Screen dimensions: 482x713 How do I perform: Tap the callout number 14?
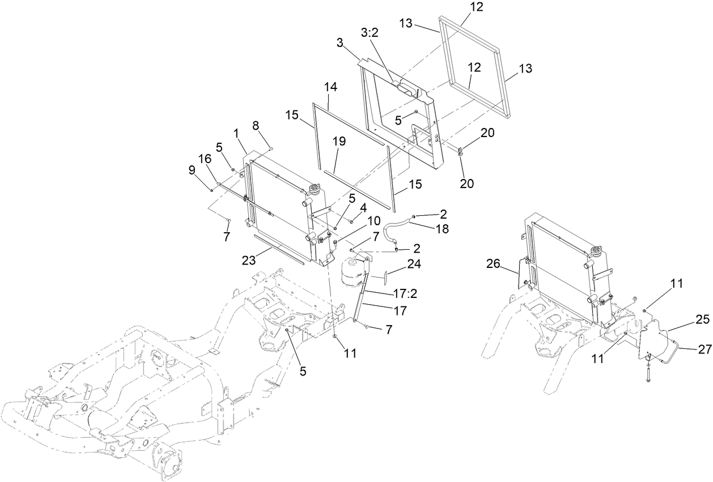coord(331,87)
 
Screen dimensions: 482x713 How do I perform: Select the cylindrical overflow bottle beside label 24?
coord(352,274)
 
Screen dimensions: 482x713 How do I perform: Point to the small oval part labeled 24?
coord(385,275)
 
